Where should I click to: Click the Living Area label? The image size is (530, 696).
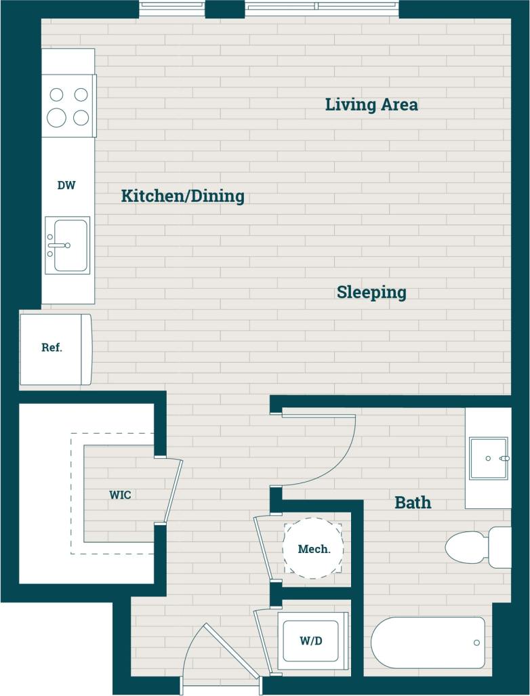tap(371, 105)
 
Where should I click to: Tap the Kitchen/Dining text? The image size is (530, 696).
tap(182, 197)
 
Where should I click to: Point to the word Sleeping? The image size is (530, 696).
tap(371, 293)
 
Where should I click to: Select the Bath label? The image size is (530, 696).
tap(413, 503)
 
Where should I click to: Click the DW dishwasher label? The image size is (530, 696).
tap(66, 184)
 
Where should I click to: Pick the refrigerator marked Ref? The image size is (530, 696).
tap(54, 348)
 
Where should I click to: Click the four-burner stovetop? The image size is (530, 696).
tap(68, 106)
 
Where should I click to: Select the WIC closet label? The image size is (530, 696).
tap(120, 495)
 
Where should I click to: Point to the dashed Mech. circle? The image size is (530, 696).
tap(313, 548)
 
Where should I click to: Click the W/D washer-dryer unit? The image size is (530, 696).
tap(310, 640)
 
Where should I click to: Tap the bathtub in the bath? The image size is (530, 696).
tap(428, 642)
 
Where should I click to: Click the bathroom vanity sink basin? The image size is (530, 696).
tap(488, 458)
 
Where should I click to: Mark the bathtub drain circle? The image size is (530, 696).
tap(476, 642)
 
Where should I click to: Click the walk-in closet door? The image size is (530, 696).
tap(173, 491)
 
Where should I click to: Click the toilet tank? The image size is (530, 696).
tap(500, 547)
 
